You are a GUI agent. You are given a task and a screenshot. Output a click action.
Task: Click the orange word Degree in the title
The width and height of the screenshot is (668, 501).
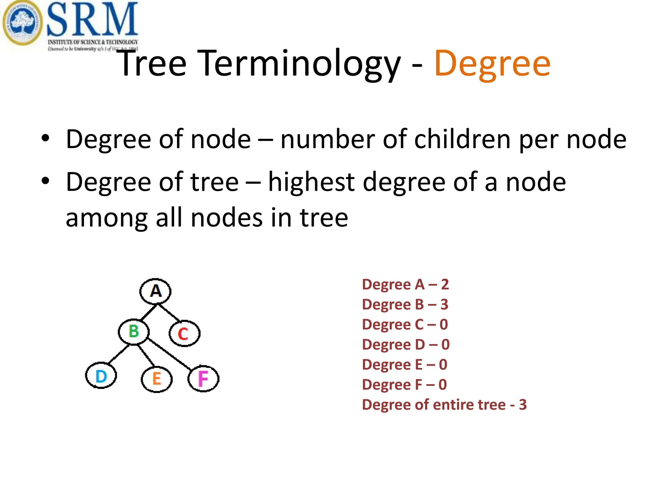(x=492, y=64)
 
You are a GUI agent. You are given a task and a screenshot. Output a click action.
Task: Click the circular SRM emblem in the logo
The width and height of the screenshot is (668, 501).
(x=22, y=23)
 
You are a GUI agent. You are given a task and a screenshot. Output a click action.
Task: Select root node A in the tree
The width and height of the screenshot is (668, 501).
(x=156, y=291)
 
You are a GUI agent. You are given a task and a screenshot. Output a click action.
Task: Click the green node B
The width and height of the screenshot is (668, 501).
(x=134, y=332)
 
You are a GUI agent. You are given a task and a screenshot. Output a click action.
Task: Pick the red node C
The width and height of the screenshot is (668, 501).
(x=184, y=333)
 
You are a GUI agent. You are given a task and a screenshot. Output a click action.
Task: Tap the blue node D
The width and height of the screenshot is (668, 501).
(x=101, y=376)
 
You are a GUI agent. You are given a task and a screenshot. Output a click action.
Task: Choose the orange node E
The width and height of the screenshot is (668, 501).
(x=157, y=379)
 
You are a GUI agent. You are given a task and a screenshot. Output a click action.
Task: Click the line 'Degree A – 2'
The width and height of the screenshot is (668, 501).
(x=405, y=284)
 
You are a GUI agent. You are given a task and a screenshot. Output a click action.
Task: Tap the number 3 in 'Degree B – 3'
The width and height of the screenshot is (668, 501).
(x=444, y=304)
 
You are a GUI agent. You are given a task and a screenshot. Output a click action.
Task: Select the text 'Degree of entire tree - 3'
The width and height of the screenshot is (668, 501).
(x=444, y=405)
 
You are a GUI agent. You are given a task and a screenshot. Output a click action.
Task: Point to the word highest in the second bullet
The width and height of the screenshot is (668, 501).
(x=311, y=182)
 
